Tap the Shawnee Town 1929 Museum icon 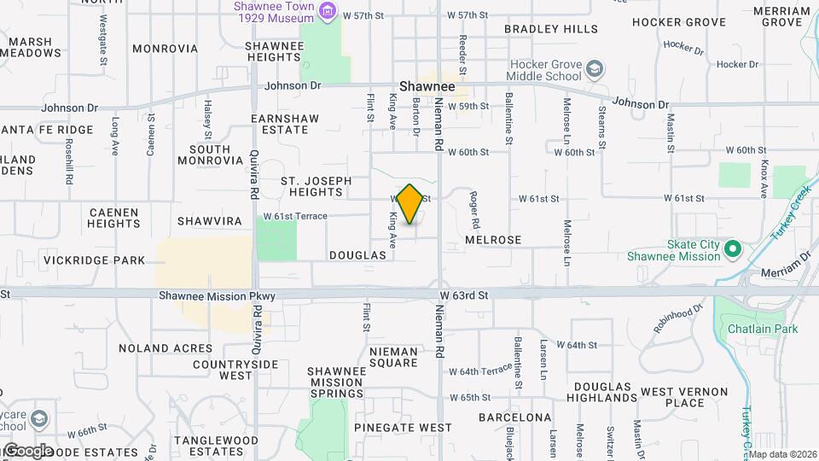point(327,11)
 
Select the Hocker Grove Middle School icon point(595,68)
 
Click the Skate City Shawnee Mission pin point(732,249)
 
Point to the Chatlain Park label point(762,329)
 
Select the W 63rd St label point(463,295)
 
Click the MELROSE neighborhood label point(493,241)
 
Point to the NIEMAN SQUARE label point(393,357)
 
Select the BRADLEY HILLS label point(551,29)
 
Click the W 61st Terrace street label point(294,216)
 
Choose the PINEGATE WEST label point(406,427)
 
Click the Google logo point(28,450)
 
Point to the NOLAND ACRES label point(166,348)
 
